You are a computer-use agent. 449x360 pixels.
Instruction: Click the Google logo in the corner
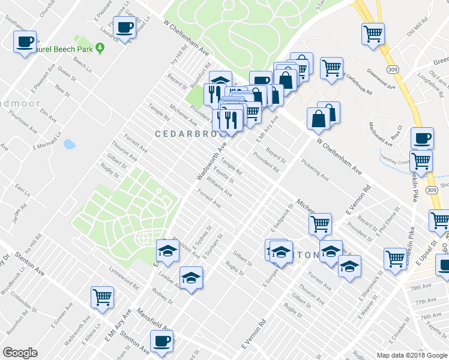(x=20, y=353)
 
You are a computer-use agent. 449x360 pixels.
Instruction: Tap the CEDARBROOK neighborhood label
(x=191, y=134)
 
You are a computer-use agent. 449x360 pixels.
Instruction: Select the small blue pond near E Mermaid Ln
(x=69, y=144)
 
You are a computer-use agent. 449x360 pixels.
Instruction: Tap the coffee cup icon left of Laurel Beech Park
(x=25, y=42)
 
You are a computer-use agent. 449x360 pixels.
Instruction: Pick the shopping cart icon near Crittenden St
(x=102, y=296)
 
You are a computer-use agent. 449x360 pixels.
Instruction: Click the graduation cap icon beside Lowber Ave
(x=191, y=278)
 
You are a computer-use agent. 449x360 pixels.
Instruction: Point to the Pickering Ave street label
(x=315, y=170)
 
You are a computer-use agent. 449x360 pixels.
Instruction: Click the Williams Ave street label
(x=218, y=187)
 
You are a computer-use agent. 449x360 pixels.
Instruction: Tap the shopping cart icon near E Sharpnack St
(x=395, y=259)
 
